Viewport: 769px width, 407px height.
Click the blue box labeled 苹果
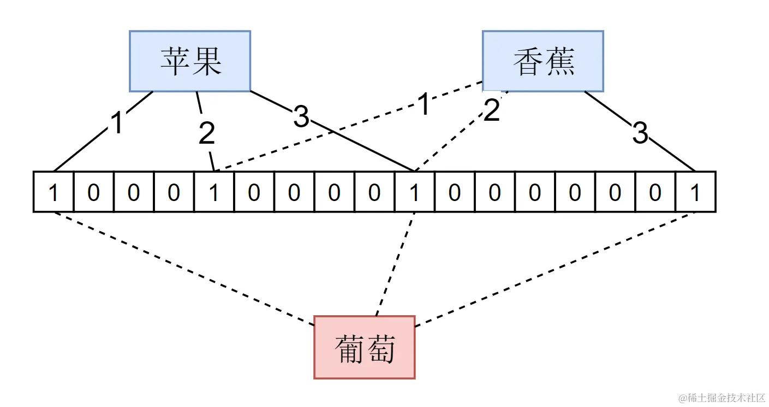point(189,61)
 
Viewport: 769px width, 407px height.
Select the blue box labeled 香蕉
point(543,61)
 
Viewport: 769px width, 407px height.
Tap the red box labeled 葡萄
point(364,347)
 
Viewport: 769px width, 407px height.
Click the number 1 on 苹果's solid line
point(117,123)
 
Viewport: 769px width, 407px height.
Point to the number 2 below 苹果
point(206,133)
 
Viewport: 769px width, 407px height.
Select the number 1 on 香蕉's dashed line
point(424,105)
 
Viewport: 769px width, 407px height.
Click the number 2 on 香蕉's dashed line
point(491,111)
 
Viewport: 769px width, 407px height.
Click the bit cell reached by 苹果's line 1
point(53,192)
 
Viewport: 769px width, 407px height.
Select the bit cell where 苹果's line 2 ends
point(214,192)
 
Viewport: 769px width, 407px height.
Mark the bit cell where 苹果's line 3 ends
point(414,192)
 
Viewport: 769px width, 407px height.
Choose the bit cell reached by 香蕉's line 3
point(695,192)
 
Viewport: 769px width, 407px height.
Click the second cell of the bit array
point(94,192)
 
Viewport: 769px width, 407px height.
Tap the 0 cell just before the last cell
point(655,192)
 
